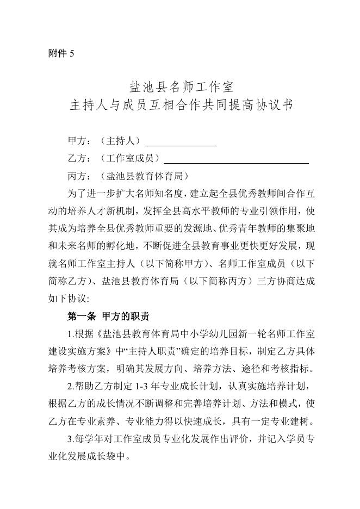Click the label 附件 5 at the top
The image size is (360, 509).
61,53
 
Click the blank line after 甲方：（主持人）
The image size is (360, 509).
181,142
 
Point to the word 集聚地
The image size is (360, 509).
301,228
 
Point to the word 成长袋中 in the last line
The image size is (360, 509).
109,456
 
